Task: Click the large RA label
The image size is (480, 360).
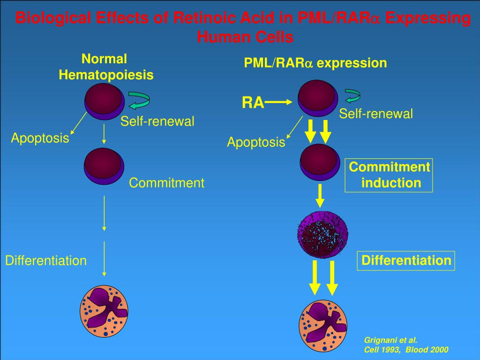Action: [253, 103]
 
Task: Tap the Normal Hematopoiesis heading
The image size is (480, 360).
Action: [106, 67]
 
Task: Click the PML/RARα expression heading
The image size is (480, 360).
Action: [315, 63]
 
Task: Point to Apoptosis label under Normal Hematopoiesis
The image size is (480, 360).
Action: [40, 138]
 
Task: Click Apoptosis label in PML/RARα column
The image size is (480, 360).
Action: [256, 142]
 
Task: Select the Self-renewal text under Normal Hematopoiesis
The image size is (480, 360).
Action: [157, 121]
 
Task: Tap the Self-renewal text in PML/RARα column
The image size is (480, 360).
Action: [376, 114]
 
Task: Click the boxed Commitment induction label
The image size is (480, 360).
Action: [389, 175]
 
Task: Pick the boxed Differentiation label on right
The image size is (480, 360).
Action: [406, 261]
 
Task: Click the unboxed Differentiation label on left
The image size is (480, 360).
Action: [46, 261]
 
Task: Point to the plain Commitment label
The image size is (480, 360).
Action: [166, 183]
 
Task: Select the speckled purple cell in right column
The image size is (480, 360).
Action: [322, 232]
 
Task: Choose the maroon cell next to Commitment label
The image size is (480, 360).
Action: [104, 166]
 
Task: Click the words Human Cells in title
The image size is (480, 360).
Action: [245, 37]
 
